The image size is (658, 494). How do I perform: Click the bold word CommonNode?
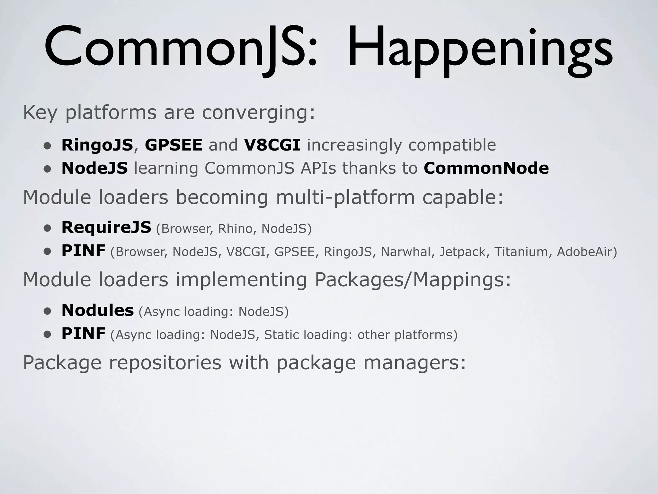coord(486,168)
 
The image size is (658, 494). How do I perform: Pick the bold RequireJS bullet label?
coord(106,227)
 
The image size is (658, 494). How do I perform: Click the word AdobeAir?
coord(587,252)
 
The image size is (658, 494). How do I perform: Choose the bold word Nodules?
coord(97,310)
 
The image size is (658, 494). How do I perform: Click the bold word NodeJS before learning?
coord(94,168)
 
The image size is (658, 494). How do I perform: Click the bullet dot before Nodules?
coord(48,311)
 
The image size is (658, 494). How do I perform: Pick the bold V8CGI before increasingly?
coord(272,145)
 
